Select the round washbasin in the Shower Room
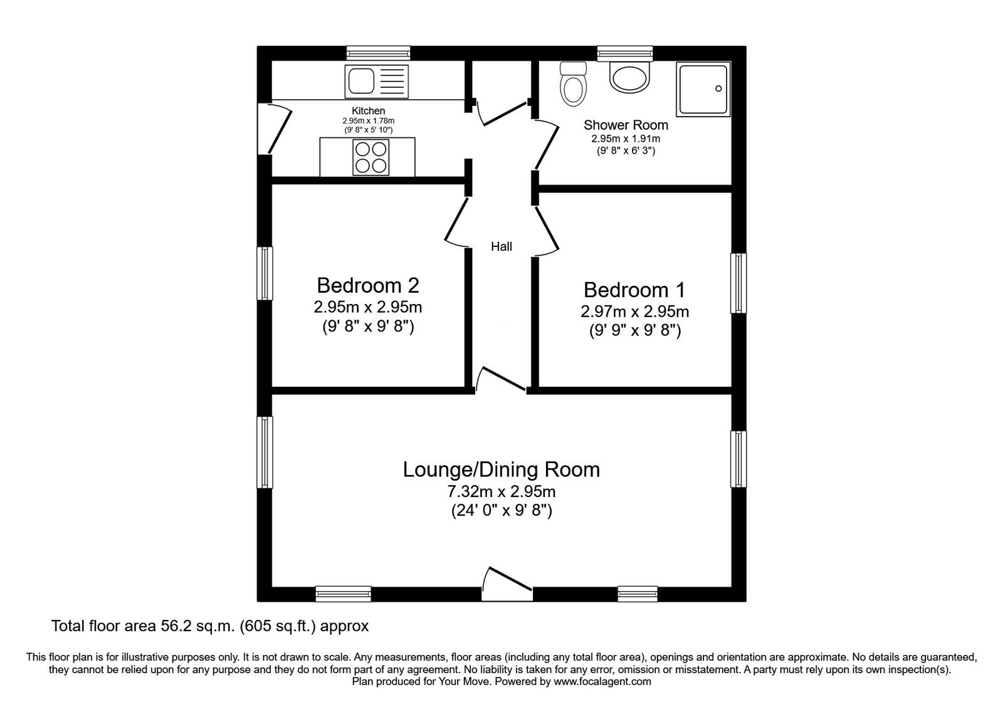coord(629,78)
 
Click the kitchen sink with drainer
coord(376,81)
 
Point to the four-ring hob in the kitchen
coord(370,157)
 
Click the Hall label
coord(501,246)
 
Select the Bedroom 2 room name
coord(367,285)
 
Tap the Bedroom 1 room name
coord(634,290)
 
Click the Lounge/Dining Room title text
coord(501,469)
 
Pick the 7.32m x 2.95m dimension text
coord(501,491)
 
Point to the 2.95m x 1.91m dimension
coord(626,139)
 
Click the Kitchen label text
coord(368,110)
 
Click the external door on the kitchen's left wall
coord(275,129)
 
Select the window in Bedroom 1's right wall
coord(738,283)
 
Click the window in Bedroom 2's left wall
coord(265,273)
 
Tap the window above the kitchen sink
coord(379,53)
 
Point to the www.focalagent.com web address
coord(602,682)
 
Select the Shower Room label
coord(626,125)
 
